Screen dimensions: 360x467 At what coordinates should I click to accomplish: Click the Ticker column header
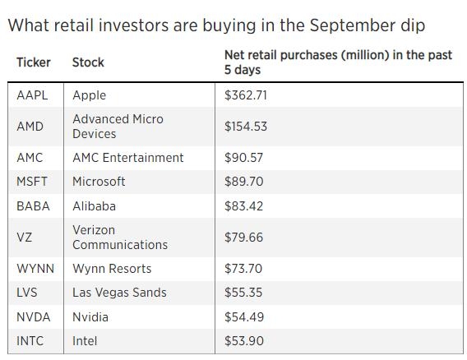coord(34,62)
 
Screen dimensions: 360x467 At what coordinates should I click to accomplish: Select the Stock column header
coord(88,62)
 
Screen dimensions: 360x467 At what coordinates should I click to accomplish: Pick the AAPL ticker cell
coord(32,95)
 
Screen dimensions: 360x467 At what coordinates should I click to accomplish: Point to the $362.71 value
coord(245,95)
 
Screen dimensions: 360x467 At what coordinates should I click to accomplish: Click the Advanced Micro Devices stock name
coord(118,127)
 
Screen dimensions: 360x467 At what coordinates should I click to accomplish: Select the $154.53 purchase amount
coord(245,127)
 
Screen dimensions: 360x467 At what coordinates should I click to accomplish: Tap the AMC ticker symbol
coord(30,158)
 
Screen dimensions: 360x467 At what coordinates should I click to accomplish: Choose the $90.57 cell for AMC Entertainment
coord(243,158)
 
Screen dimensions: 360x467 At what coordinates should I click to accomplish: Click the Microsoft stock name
coord(99,182)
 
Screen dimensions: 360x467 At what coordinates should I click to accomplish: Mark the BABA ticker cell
coord(32,206)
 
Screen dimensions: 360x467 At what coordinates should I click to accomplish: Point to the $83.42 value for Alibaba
coord(243,206)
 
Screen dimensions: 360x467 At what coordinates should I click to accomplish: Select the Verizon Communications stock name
coord(119,238)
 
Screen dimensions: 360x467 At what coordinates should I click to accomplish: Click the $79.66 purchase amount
coord(243,238)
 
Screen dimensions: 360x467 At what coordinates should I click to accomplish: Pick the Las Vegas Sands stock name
coord(119,293)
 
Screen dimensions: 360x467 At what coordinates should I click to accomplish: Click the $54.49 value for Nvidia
coord(243,317)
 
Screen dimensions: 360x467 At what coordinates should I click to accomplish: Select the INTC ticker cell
coord(31,341)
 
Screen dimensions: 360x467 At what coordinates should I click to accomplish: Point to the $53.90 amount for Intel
coord(243,341)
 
